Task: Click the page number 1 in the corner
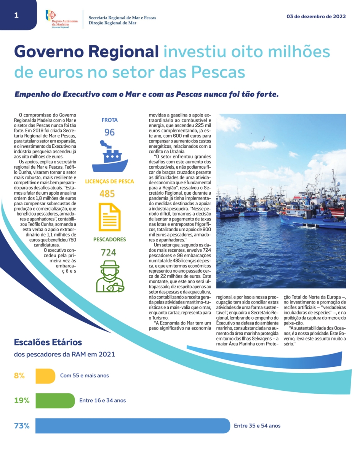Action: click(x=16, y=15)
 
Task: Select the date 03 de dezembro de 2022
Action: click(x=316, y=16)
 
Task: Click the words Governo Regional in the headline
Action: click(x=86, y=52)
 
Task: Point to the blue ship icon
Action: click(x=109, y=156)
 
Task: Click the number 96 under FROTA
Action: click(x=109, y=132)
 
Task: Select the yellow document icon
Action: click(x=109, y=217)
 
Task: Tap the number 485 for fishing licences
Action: click(x=107, y=194)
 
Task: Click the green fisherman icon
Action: click(x=109, y=276)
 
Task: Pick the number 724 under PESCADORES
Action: click(x=109, y=252)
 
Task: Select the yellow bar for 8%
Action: click(x=45, y=376)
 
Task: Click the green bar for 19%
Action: click(x=55, y=401)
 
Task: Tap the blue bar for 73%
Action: click(x=133, y=426)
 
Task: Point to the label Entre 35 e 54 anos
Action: click(x=257, y=426)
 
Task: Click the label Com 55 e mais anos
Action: click(x=85, y=376)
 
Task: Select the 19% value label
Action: click(x=22, y=401)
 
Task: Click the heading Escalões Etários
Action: click(x=48, y=342)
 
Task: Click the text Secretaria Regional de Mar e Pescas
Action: click(x=122, y=18)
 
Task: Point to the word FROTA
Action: click(x=109, y=120)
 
